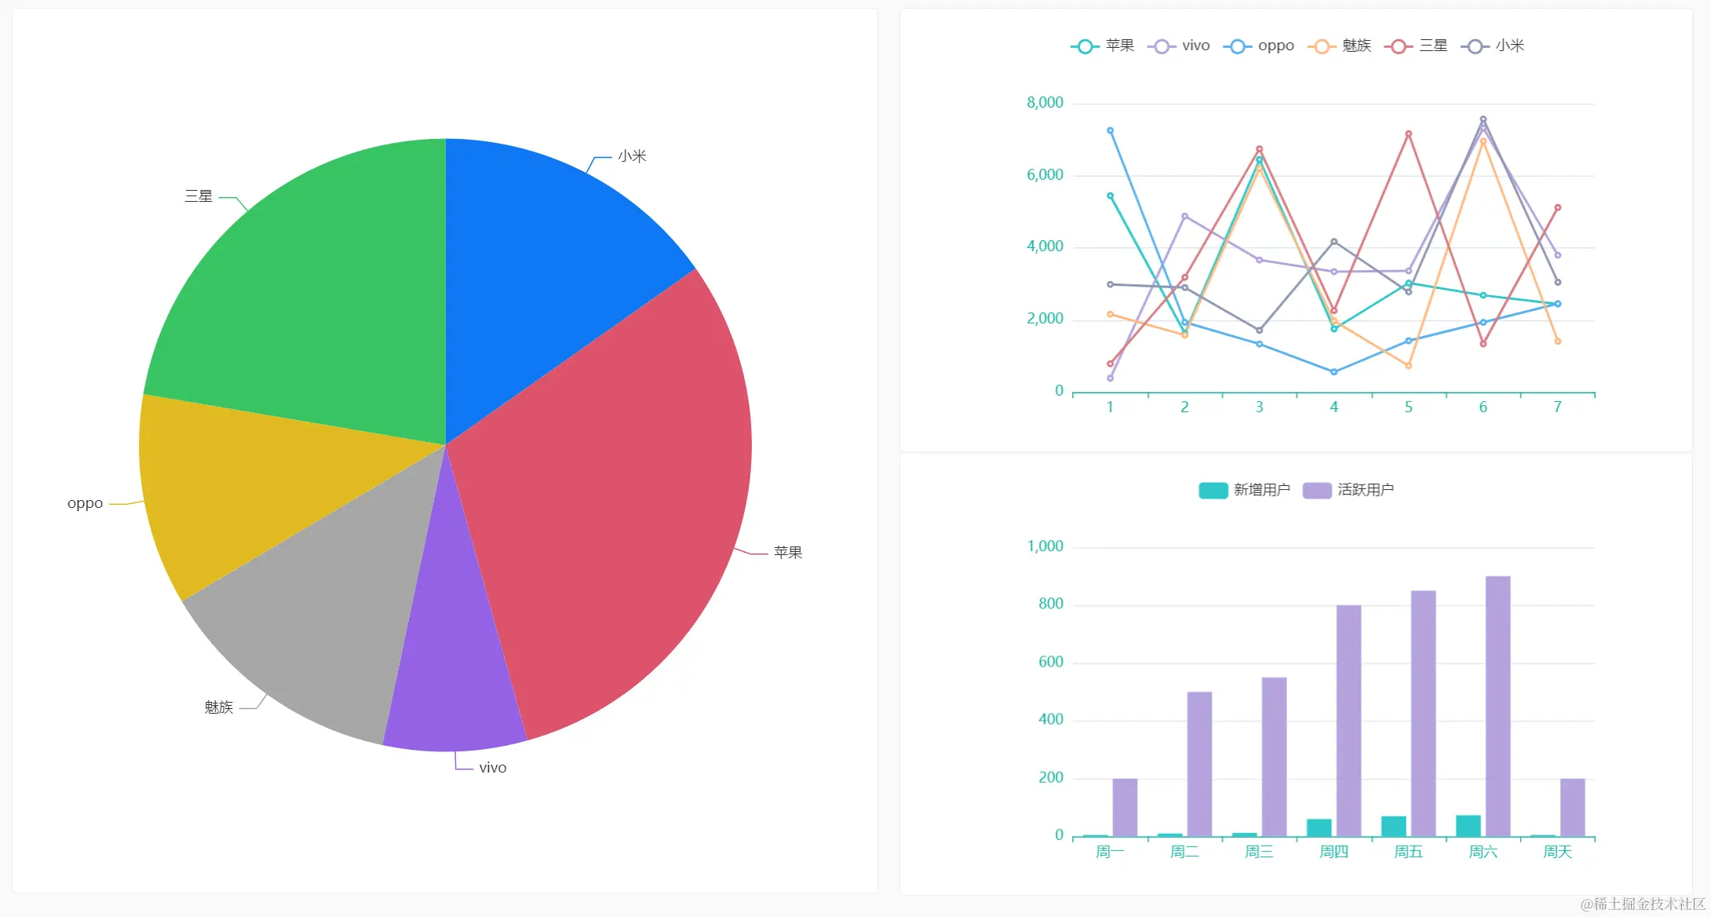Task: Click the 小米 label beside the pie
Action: [632, 156]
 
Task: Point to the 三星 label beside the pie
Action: [199, 196]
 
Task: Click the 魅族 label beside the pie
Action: [219, 707]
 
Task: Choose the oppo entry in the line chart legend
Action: [1259, 46]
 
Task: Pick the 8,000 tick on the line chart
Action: [1045, 103]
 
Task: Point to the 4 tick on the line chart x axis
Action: [1333, 407]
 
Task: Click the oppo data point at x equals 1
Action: [1110, 131]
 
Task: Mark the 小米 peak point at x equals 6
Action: [1483, 120]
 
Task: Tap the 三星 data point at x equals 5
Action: [1409, 134]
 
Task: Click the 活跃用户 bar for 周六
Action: [1498, 707]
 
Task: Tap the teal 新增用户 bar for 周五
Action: [1394, 827]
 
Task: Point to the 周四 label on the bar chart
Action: [1333, 852]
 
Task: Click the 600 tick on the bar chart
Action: [1050, 662]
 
